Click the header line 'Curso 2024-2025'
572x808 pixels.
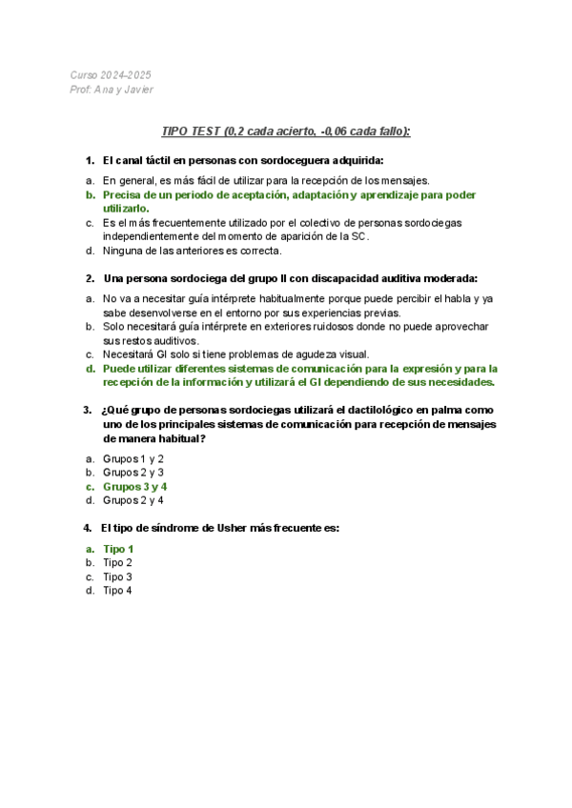(x=110, y=75)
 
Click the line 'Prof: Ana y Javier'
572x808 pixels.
(x=112, y=90)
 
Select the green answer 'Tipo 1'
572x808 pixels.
(x=118, y=549)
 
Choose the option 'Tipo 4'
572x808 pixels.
(x=117, y=591)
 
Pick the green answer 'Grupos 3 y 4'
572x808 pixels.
(x=134, y=486)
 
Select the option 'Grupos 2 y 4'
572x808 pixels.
(x=133, y=500)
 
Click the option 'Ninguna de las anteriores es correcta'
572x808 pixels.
(x=192, y=251)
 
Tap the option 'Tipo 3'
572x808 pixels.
(x=117, y=576)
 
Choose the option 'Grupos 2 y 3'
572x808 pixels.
(x=133, y=472)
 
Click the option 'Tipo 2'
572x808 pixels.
(x=117, y=563)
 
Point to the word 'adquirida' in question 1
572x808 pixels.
(x=355, y=160)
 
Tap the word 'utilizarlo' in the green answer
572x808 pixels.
(x=125, y=208)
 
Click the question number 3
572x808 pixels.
(x=88, y=410)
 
